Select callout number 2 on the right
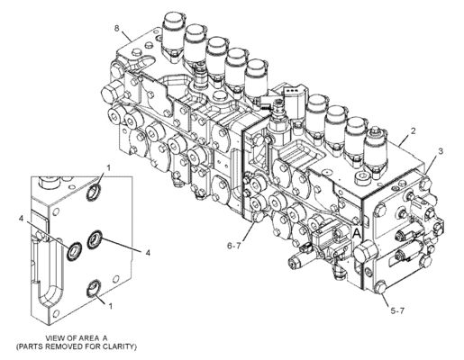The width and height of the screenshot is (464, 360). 413,132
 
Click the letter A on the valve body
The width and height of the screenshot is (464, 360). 358,232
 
